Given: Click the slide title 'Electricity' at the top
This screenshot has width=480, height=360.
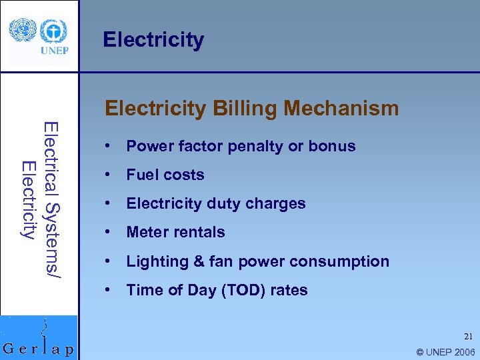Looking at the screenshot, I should click(153, 40).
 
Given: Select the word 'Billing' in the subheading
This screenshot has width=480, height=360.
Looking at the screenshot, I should click(241, 108).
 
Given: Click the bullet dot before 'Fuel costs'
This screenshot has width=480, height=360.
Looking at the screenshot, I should click(107, 175).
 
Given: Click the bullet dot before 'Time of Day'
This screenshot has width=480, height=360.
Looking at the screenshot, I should click(107, 290).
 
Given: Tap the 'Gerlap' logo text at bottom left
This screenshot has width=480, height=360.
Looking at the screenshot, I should click(39, 348).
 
